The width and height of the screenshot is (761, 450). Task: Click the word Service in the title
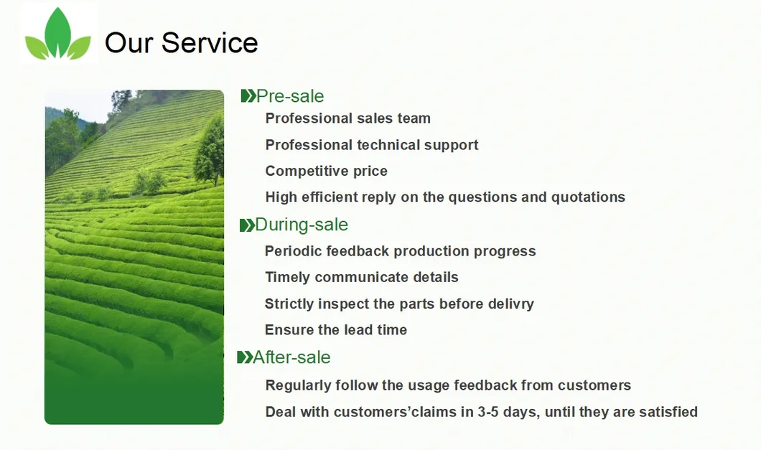[x=210, y=43]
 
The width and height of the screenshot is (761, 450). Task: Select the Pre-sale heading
[x=290, y=96]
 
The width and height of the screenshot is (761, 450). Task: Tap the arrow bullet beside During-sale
[x=247, y=225]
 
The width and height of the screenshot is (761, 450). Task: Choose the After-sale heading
[x=291, y=357]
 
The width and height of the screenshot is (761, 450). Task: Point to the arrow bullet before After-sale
[x=245, y=357]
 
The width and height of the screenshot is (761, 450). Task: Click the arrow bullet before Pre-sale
[x=248, y=96]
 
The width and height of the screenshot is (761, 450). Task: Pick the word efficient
[x=331, y=197]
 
